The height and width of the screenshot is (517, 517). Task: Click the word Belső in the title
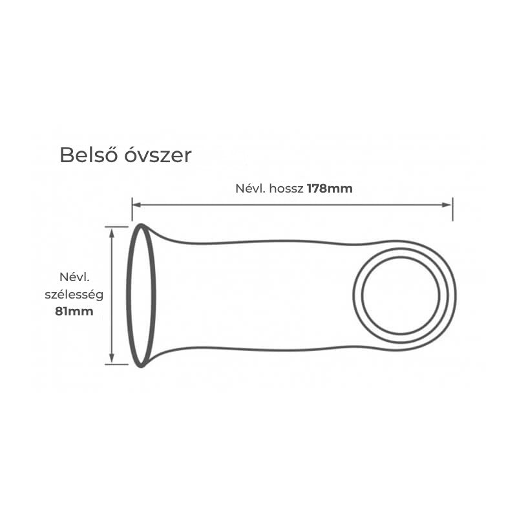click(x=89, y=154)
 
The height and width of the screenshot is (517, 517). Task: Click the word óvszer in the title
click(x=158, y=155)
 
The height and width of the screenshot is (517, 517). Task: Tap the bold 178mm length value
click(x=330, y=189)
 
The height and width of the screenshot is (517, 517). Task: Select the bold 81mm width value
click(x=74, y=311)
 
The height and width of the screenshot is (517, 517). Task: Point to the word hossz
click(x=286, y=189)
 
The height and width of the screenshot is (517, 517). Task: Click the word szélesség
click(x=74, y=295)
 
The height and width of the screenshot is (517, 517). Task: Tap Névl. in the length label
click(x=251, y=189)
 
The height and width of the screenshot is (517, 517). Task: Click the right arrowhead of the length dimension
click(x=447, y=205)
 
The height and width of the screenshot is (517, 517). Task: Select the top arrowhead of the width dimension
click(x=112, y=233)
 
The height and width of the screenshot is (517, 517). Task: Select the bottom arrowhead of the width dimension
click(x=112, y=359)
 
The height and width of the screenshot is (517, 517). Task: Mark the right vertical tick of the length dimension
click(x=453, y=209)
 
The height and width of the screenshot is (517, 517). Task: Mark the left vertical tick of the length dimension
click(x=132, y=209)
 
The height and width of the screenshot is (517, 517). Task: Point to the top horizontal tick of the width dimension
click(x=116, y=227)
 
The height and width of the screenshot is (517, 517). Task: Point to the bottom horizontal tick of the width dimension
click(x=116, y=364)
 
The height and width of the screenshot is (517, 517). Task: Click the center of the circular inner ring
click(x=401, y=295)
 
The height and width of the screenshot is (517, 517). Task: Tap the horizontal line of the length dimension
click(x=292, y=205)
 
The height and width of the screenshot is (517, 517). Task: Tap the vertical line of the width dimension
click(x=112, y=295)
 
